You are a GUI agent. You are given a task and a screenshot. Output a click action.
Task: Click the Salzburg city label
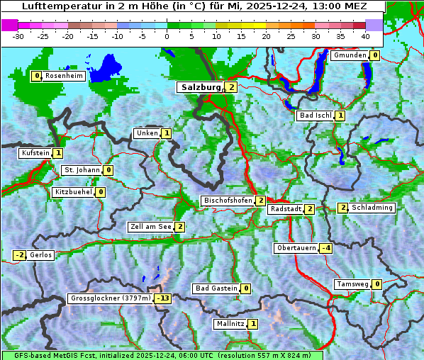tap(201, 87)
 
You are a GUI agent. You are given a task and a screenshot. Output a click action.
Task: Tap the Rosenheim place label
tap(65, 76)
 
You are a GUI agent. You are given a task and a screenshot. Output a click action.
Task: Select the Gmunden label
tap(350, 55)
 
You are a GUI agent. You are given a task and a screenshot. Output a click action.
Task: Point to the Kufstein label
tap(35, 153)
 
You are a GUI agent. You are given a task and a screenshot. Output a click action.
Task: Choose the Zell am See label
tap(150, 227)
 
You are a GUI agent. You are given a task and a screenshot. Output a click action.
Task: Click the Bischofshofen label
tap(228, 201)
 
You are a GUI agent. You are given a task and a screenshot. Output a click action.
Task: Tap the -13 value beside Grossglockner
tap(163, 298)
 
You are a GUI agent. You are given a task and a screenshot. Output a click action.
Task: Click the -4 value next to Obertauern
tap(325, 248)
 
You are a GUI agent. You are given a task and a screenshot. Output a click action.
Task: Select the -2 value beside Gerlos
tap(20, 255)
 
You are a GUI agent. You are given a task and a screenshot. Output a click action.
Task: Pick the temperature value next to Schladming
tap(342, 208)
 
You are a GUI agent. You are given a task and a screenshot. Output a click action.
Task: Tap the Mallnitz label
tap(230, 324)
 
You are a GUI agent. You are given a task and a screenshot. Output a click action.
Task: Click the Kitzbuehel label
tap(74, 192)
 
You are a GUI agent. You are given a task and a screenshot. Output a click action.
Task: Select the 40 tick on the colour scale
tap(365, 35)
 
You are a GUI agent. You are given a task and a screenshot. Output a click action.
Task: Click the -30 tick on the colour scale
tap(18, 35)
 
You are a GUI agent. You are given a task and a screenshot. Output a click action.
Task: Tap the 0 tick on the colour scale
tap(167, 35)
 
